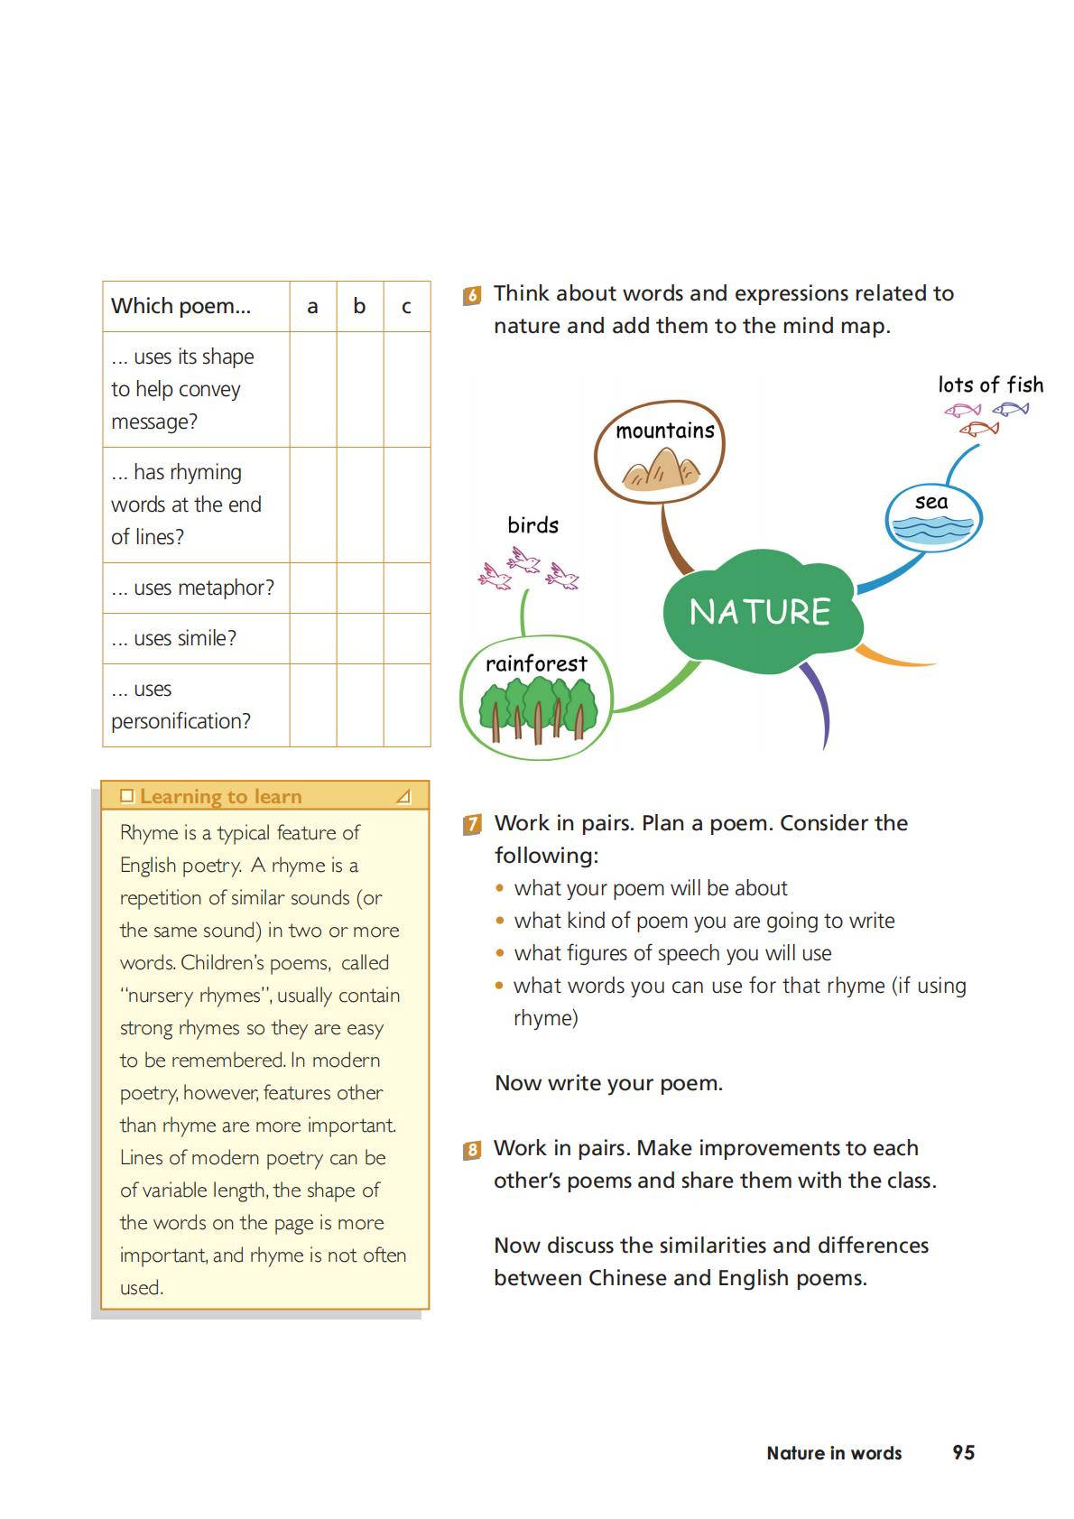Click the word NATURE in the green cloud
point(759,612)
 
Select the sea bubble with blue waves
point(933,517)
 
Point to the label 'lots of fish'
point(990,385)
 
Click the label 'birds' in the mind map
point(532,525)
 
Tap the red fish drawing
point(978,429)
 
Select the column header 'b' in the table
point(359,306)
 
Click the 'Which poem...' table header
point(181,306)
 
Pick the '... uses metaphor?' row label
point(192,588)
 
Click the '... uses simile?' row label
point(173,638)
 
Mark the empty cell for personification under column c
point(406,705)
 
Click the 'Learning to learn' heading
point(220,796)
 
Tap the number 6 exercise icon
point(472,295)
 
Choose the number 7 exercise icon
point(472,824)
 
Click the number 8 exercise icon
point(472,1150)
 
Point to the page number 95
point(963,1452)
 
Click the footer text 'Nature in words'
point(834,1453)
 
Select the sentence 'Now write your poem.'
point(608,1083)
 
